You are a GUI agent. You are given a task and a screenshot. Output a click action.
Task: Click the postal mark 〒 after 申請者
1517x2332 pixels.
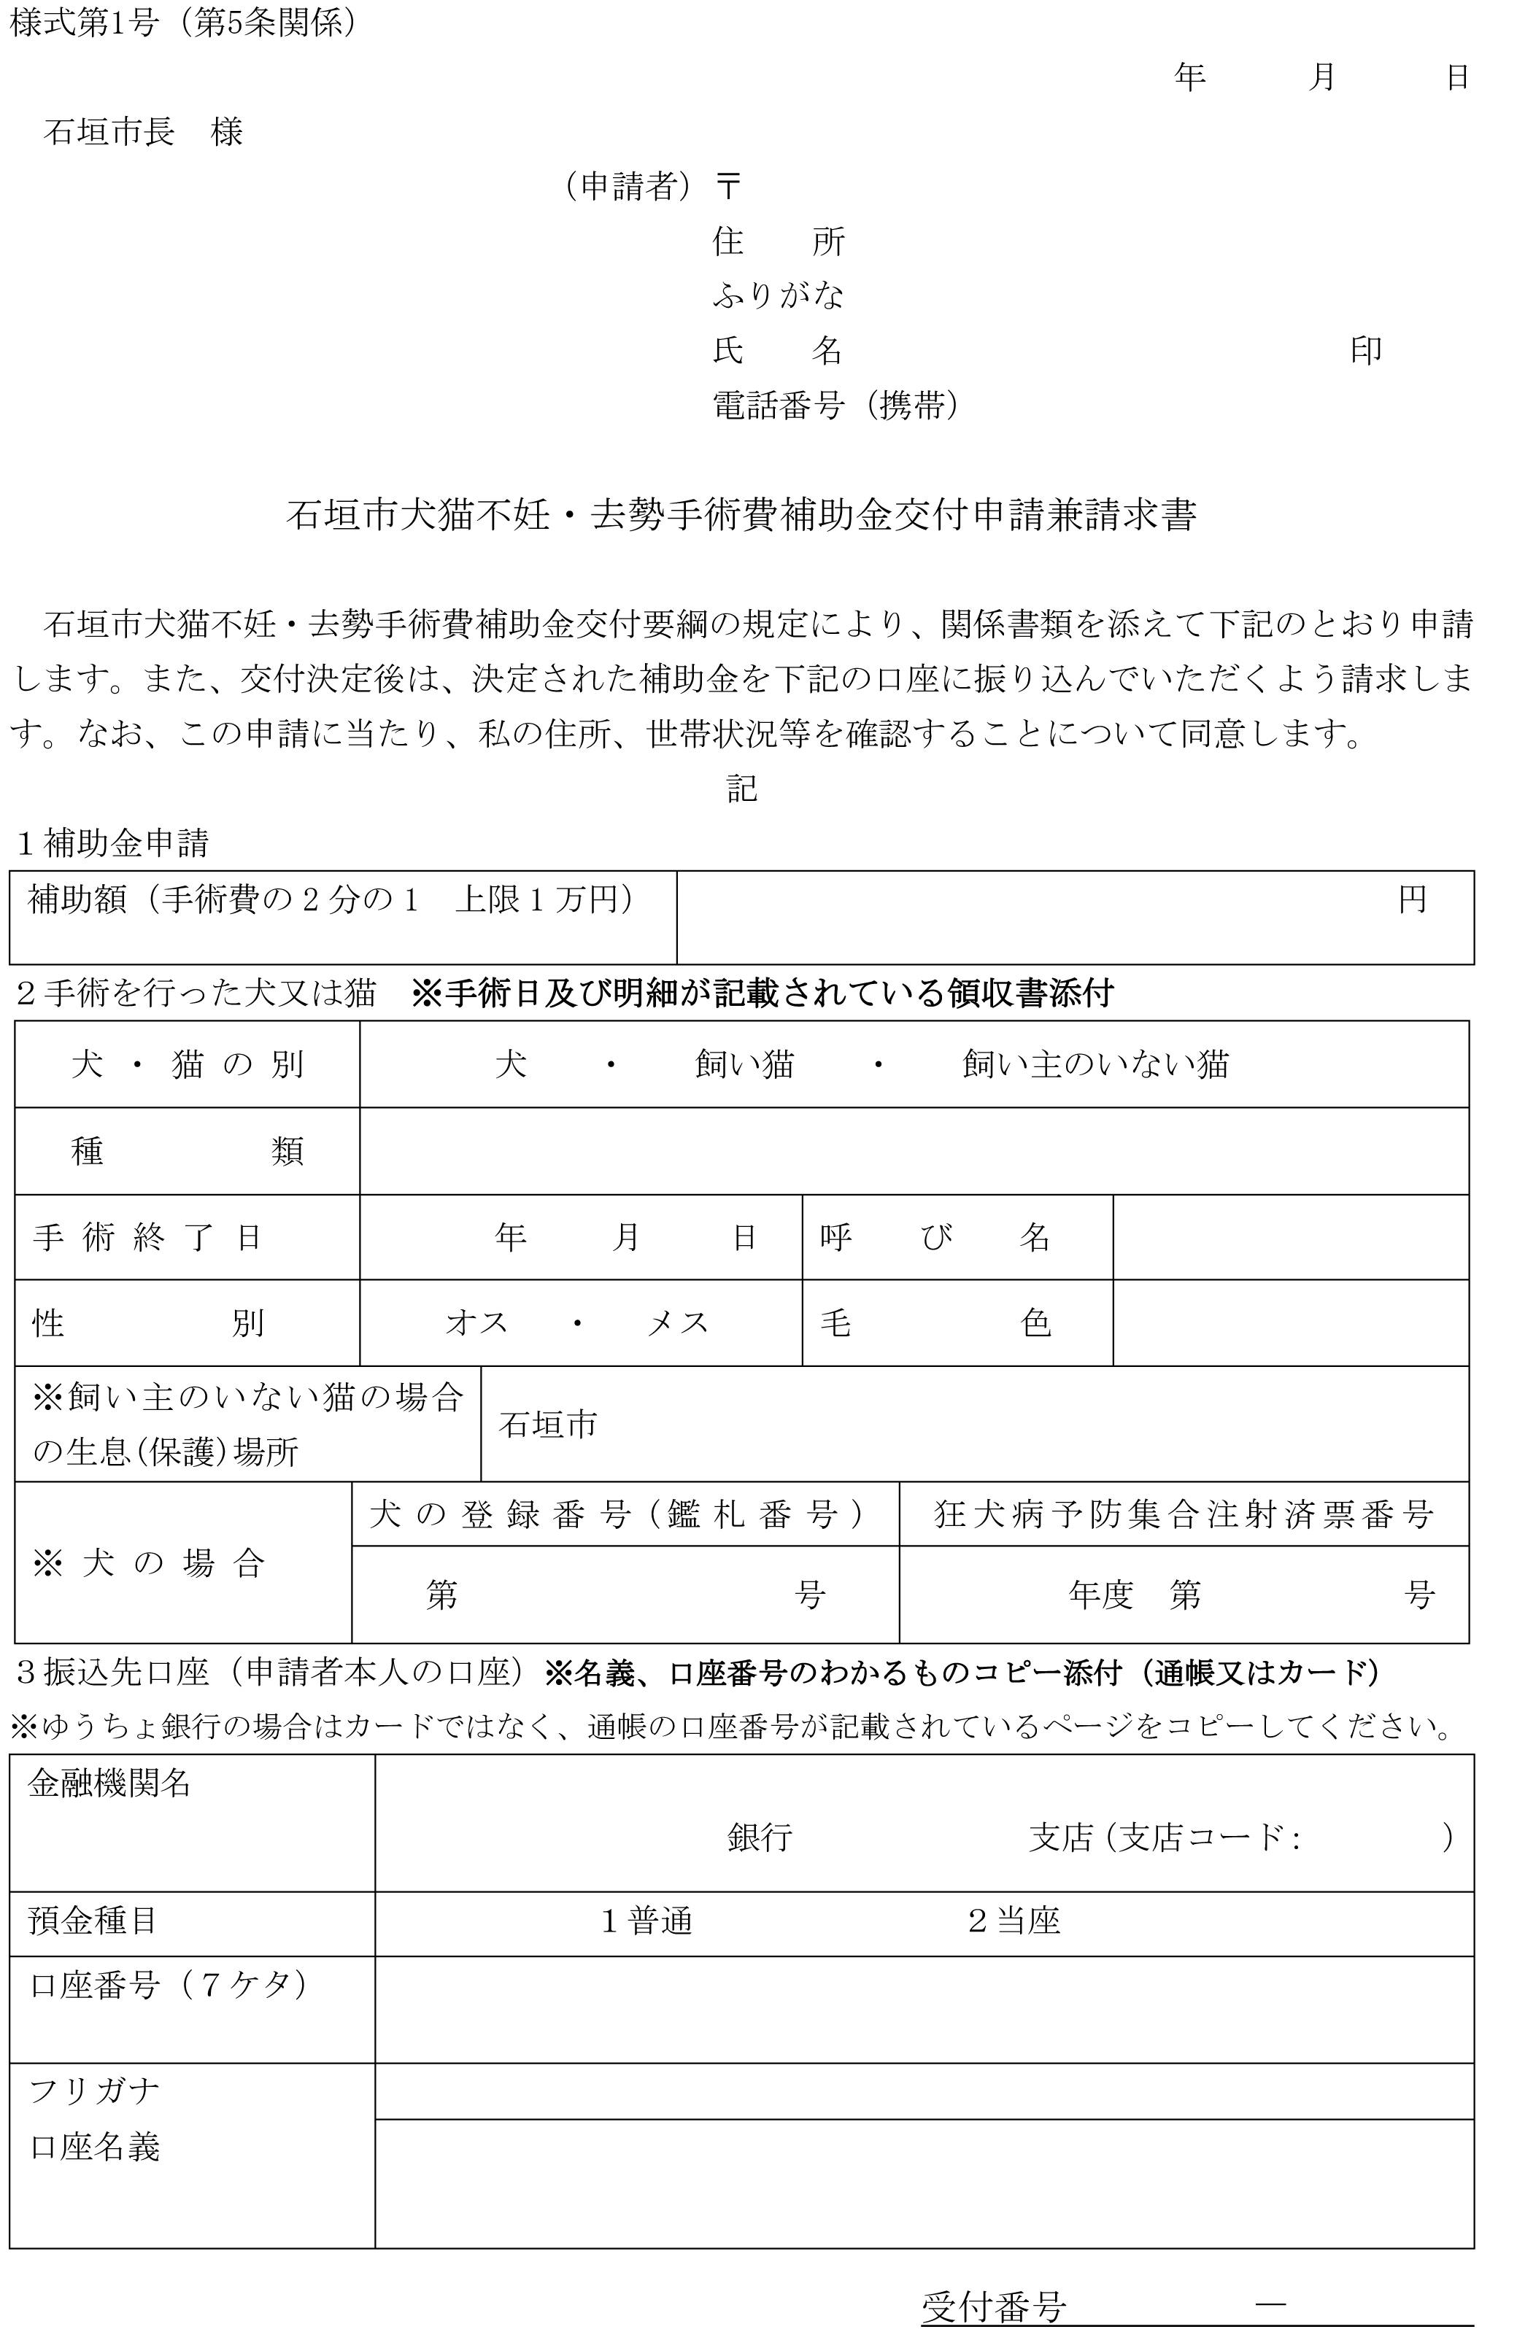(x=727, y=185)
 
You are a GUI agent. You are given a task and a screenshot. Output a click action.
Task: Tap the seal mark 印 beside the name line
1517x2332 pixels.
(x=1365, y=350)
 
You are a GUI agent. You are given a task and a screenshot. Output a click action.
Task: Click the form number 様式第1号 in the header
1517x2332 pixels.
(x=83, y=23)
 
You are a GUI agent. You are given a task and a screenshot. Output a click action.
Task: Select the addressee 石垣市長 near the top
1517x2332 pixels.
(x=109, y=131)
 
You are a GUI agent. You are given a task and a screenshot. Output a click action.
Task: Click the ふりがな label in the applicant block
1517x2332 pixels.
(x=778, y=295)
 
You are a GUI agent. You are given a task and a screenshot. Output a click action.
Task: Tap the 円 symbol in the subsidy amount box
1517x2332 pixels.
(x=1411, y=899)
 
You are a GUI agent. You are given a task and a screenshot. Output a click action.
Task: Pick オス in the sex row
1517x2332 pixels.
(x=477, y=1322)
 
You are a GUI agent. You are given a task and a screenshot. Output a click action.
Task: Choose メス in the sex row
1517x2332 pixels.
(x=677, y=1322)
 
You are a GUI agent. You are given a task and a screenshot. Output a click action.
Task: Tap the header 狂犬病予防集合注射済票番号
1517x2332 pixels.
(x=1184, y=1515)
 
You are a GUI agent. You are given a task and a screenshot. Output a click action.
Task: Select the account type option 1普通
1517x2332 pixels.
(x=646, y=1921)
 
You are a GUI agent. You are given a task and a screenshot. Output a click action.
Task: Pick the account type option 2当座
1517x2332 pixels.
(x=1014, y=1921)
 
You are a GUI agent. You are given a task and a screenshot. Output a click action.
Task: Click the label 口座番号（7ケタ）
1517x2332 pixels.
(x=169, y=1985)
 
